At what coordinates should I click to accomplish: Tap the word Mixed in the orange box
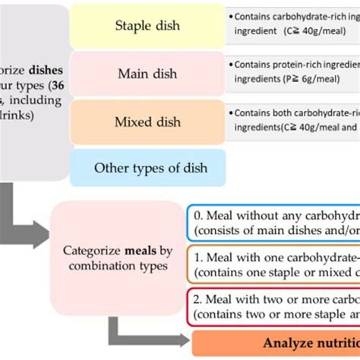coord(131,121)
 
